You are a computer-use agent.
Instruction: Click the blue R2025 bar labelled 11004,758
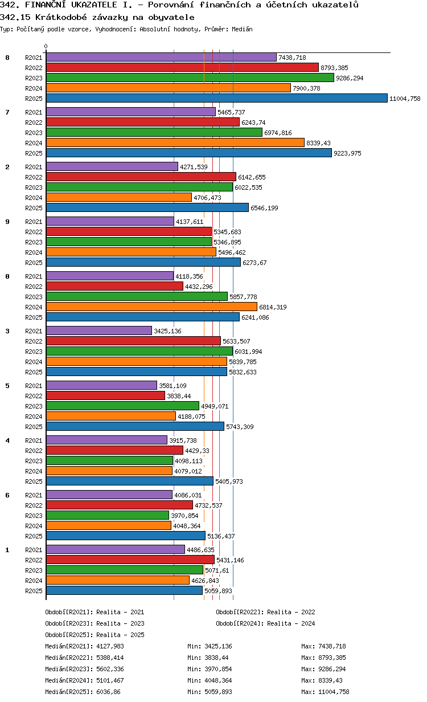click(216, 98)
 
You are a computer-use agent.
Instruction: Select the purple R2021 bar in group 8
click(161, 57)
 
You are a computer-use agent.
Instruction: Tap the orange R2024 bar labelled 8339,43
click(175, 142)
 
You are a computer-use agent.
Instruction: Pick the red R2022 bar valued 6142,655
click(141, 177)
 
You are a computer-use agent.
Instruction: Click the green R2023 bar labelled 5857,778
click(137, 296)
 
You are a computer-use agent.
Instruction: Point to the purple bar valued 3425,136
click(98, 330)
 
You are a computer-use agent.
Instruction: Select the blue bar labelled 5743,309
click(135, 426)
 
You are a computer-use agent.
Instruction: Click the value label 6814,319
click(273, 307)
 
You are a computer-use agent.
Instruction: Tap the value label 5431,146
click(229, 560)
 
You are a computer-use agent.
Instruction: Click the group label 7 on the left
click(7, 112)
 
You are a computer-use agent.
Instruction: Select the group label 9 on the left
click(7, 222)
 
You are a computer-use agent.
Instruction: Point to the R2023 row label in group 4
click(34, 461)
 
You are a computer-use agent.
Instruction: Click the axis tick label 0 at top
click(46, 46)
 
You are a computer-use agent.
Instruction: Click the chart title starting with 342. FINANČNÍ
click(180, 5)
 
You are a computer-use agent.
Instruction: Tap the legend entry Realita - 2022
click(265, 612)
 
